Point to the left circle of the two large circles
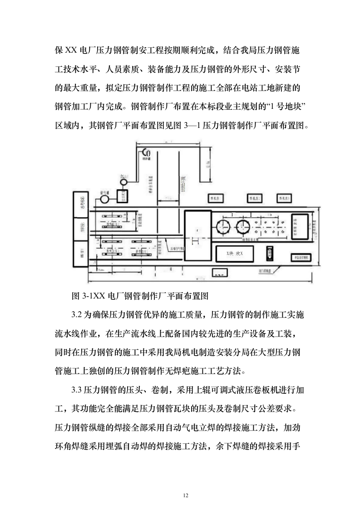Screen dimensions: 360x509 coord(224,225)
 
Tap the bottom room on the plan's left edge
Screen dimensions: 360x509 coord(82,254)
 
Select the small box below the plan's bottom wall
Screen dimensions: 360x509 coord(220,275)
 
